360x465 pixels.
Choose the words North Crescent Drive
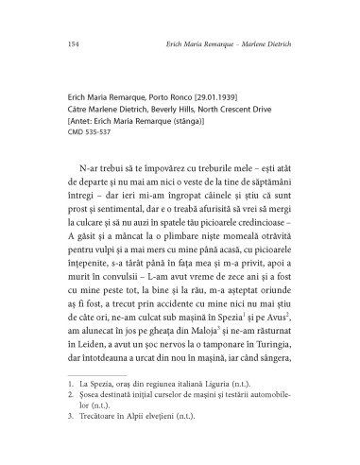coord(233,109)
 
